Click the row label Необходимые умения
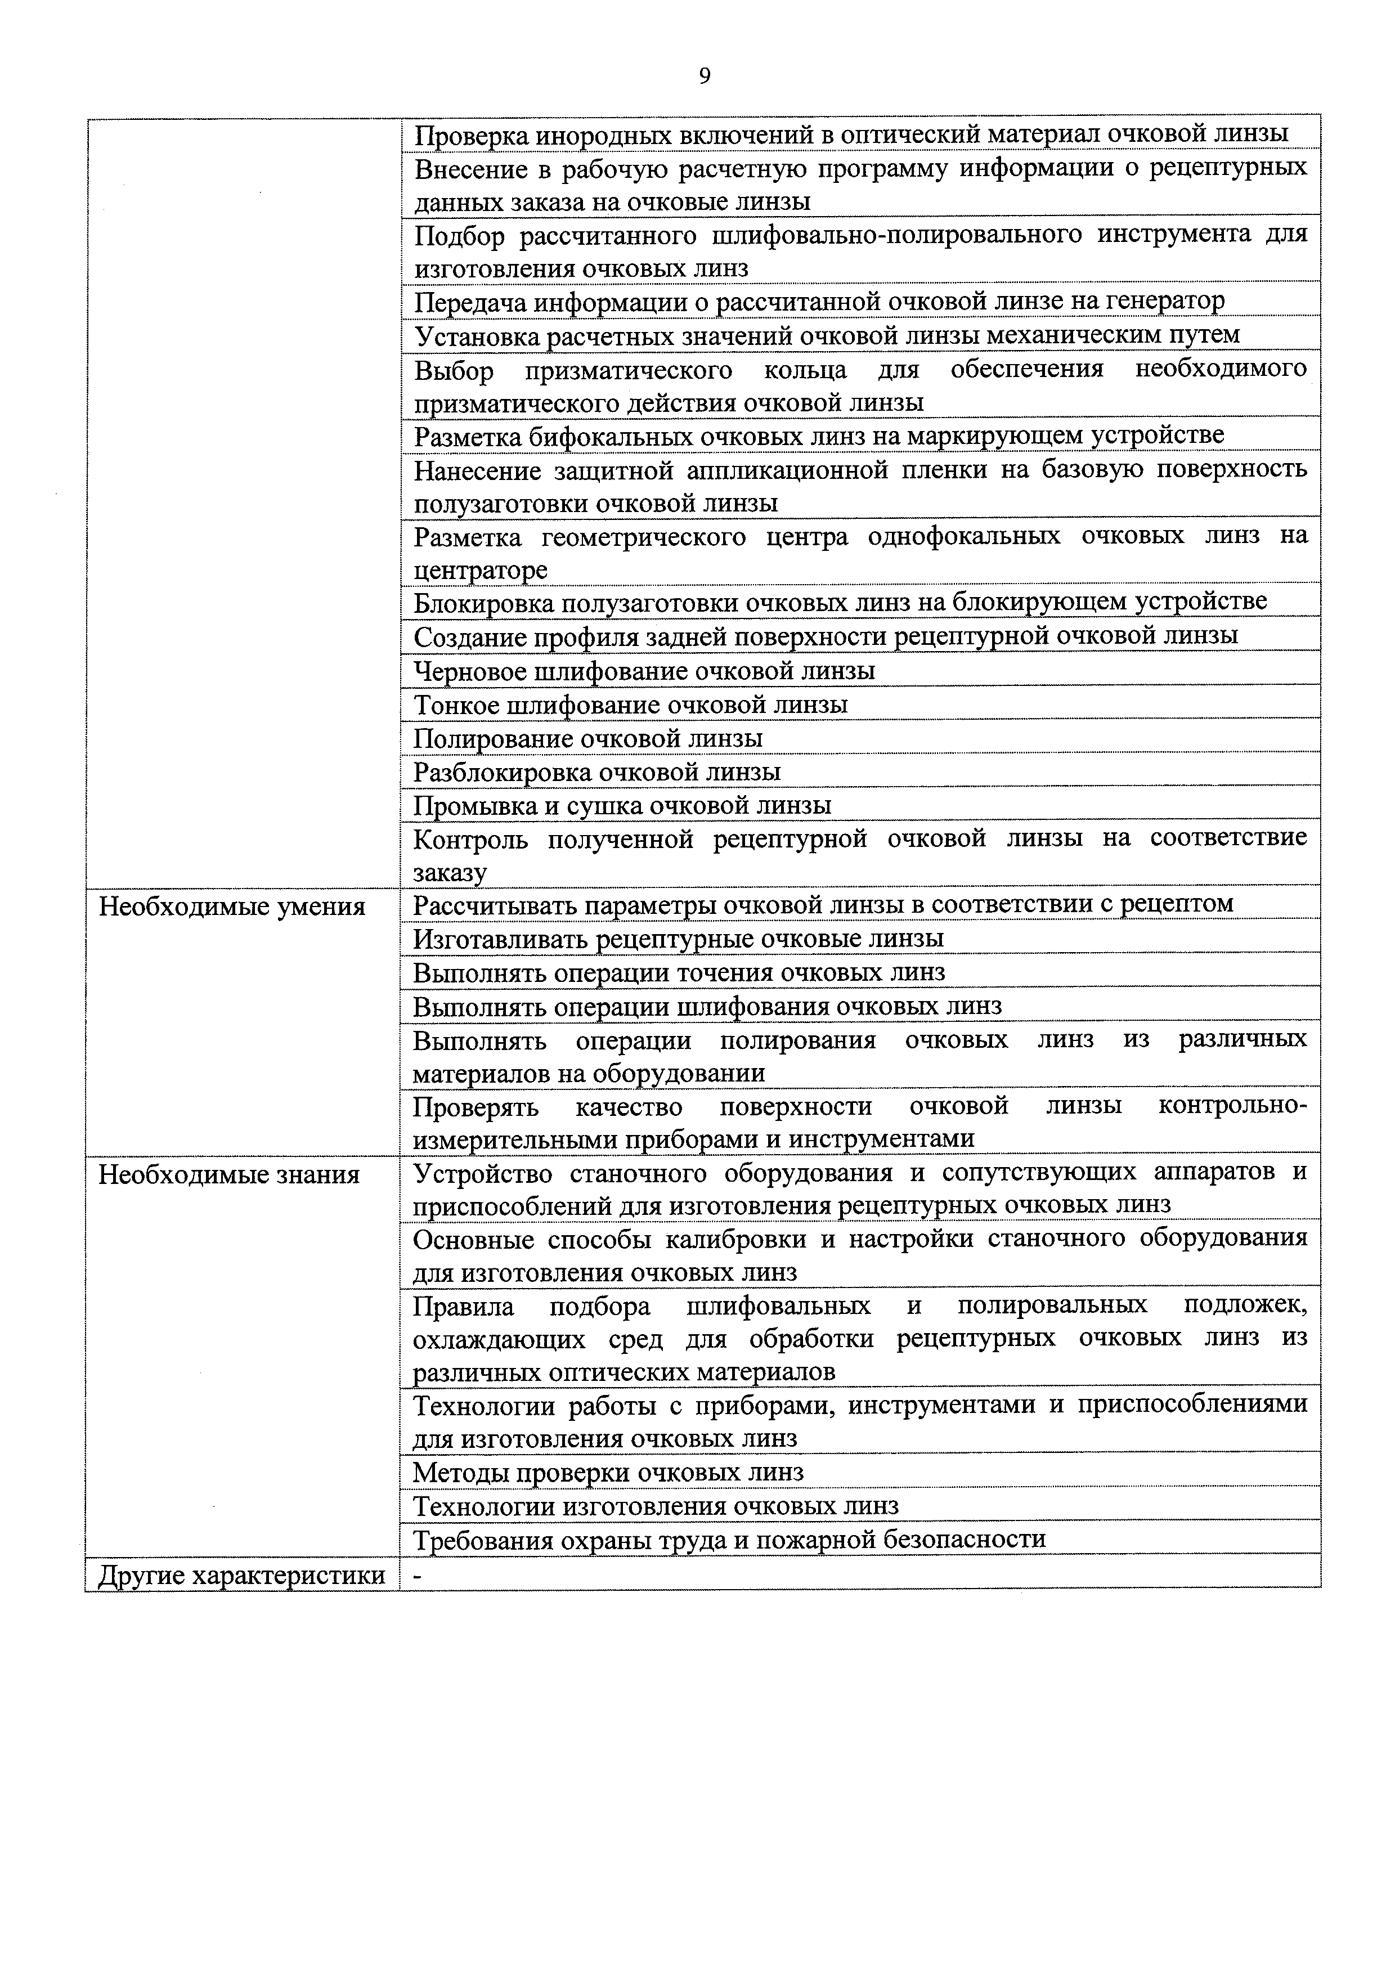point(232,906)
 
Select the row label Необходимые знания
point(228,1174)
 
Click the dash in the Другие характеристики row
point(418,1575)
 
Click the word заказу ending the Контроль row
point(450,873)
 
